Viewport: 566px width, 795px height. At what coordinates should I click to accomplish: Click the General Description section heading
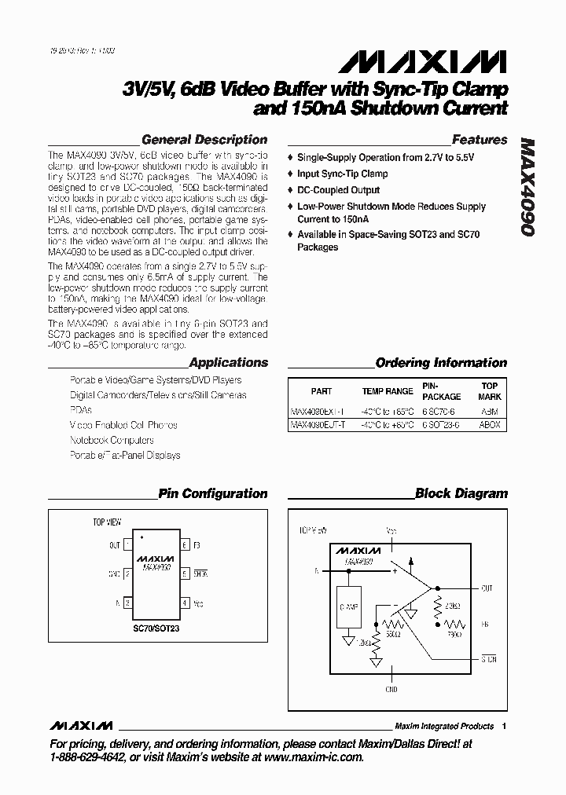203,140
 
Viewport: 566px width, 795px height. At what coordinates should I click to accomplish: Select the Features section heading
480,140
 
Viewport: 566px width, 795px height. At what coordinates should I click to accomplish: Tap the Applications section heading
229,363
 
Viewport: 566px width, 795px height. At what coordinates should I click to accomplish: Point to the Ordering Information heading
441,363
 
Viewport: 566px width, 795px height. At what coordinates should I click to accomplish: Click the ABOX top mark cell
489,425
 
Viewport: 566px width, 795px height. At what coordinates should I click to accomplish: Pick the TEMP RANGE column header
388,391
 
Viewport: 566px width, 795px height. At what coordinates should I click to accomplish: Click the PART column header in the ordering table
321,391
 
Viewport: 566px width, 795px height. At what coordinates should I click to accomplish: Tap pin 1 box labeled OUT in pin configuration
127,544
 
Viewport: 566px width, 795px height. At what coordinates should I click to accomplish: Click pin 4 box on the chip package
184,603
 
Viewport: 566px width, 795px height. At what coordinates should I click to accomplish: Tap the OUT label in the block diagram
487,588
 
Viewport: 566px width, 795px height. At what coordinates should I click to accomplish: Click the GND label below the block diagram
392,689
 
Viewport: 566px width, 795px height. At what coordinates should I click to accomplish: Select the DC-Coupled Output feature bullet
338,190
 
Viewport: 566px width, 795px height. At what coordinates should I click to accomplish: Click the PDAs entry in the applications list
80,410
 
